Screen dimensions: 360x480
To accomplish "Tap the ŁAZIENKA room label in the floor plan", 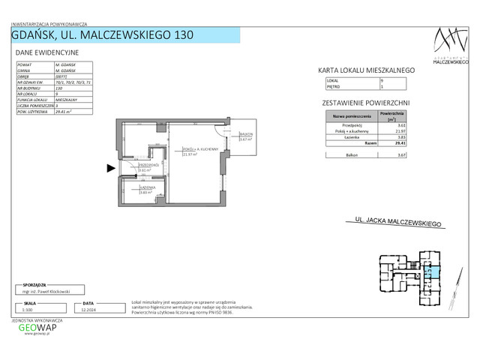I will click(146, 187).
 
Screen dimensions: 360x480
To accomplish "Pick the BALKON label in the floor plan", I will click(246, 135).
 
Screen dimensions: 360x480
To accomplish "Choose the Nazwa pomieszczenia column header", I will click(349, 116).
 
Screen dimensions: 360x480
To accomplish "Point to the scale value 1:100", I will click(28, 308).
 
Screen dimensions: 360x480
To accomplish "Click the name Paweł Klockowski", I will click(49, 290).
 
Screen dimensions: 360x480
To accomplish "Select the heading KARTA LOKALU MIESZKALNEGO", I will click(367, 70).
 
